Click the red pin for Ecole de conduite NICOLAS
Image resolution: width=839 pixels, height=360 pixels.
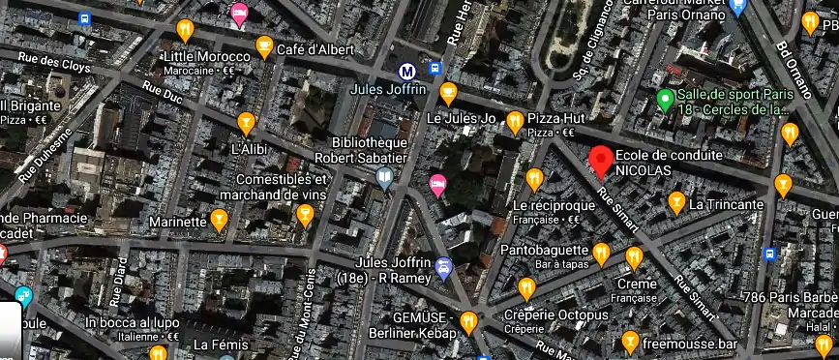[601, 159]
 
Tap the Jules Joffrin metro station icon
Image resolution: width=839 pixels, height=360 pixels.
[410, 70]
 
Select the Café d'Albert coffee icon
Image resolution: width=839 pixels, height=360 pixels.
[264, 45]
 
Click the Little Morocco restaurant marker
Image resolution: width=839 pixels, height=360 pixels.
[184, 31]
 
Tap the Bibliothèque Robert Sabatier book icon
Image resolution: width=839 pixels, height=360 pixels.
[385, 177]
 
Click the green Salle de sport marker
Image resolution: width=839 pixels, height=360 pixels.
[665, 99]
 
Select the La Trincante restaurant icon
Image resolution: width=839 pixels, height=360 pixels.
[676, 202]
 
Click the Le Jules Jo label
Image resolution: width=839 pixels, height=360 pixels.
[461, 119]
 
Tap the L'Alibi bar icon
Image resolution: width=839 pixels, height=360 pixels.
[246, 123]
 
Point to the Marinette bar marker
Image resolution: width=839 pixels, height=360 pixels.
[220, 222]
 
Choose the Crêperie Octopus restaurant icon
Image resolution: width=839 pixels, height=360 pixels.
[526, 287]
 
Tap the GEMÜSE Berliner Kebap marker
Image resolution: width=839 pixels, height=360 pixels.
[469, 321]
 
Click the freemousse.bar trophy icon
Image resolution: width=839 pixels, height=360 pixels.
[630, 342]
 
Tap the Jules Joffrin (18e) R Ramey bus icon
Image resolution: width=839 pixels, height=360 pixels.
[443, 268]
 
